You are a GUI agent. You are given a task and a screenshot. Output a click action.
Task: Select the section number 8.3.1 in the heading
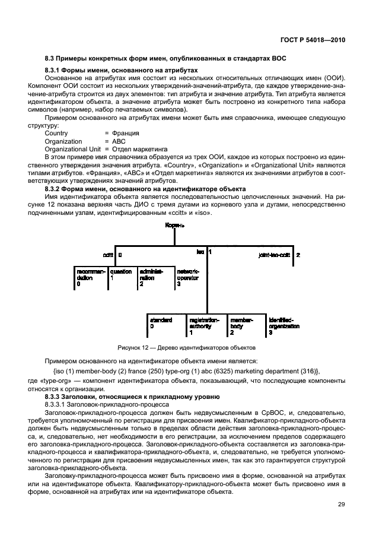click(x=55, y=70)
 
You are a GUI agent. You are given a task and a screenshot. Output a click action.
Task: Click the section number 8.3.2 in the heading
click(x=55, y=188)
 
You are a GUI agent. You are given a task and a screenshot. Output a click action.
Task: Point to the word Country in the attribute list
click(x=56, y=133)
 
